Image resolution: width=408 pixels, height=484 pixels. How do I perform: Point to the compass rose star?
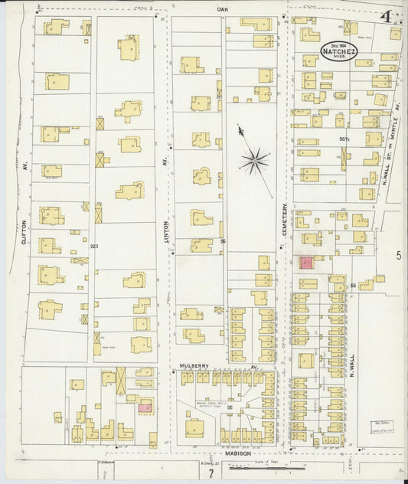(x=254, y=160)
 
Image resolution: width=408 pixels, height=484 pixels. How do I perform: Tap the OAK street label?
(x=223, y=9)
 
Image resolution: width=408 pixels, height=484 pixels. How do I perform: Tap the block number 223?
(x=95, y=246)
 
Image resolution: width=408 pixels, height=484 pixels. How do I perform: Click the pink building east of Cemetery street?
(x=305, y=263)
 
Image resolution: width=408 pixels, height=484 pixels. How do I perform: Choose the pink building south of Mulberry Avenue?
(x=145, y=408)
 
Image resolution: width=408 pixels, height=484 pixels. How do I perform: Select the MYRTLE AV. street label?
(x=397, y=165)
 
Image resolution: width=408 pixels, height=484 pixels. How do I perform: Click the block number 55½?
(x=344, y=139)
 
